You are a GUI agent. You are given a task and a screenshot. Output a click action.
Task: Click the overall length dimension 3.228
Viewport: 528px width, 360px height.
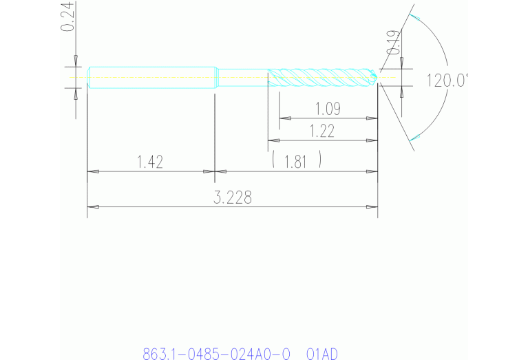233,198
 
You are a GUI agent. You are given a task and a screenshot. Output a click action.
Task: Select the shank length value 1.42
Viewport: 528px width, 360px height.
149,162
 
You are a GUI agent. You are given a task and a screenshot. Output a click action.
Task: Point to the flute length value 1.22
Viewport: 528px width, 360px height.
321,131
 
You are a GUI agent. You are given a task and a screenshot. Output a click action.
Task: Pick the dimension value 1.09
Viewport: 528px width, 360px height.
328,109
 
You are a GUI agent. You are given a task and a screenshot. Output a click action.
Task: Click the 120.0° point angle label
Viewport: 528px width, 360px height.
447,81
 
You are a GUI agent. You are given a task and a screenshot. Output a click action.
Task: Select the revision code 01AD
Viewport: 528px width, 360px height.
322,354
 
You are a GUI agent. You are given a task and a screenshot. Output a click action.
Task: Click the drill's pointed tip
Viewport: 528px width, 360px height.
377,77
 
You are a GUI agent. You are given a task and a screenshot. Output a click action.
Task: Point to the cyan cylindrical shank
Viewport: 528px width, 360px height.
151,77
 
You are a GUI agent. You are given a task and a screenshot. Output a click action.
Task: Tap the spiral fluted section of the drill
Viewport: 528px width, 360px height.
320,77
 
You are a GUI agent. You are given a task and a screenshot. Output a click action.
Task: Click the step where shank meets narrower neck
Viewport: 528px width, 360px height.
216,77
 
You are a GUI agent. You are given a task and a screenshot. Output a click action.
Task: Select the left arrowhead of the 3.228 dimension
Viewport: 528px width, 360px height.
93,207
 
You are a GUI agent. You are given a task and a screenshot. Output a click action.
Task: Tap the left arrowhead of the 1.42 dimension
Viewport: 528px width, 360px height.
93,171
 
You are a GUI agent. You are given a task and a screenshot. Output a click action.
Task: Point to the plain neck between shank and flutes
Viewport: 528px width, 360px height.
241,77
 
